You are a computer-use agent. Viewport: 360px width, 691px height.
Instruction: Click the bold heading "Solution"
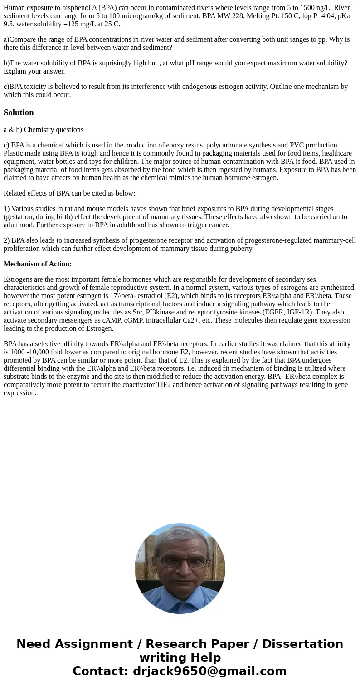pyautogui.click(x=19, y=113)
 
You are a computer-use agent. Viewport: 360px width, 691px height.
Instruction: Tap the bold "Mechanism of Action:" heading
pyautogui.click(x=38, y=264)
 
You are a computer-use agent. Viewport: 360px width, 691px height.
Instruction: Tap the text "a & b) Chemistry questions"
pyautogui.click(x=44, y=130)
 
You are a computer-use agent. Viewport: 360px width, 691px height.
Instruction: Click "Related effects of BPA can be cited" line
pyautogui.click(x=69, y=193)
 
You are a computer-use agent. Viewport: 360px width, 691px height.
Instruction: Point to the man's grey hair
pyautogui.click(x=180, y=533)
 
